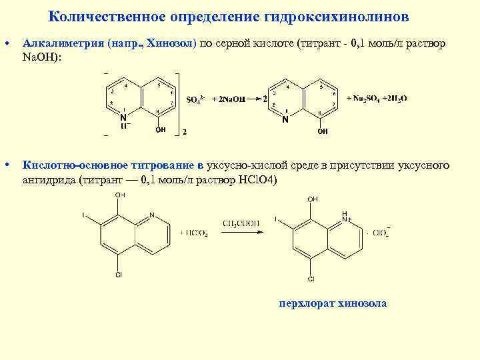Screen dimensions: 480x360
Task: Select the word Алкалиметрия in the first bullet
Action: (63, 43)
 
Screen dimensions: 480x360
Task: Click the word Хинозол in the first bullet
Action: (171, 43)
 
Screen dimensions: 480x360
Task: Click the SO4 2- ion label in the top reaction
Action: (195, 99)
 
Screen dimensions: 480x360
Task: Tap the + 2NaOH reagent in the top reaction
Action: (227, 99)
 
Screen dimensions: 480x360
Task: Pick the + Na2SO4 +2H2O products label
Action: (377, 98)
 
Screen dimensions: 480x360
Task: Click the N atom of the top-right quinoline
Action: (285, 120)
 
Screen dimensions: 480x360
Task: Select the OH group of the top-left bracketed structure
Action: (161, 130)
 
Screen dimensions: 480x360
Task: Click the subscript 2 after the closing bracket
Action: (185, 132)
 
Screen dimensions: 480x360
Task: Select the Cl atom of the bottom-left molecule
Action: (118, 274)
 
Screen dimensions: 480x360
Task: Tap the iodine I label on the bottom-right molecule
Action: (276, 220)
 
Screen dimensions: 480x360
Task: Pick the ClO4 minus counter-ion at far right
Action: (381, 233)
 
